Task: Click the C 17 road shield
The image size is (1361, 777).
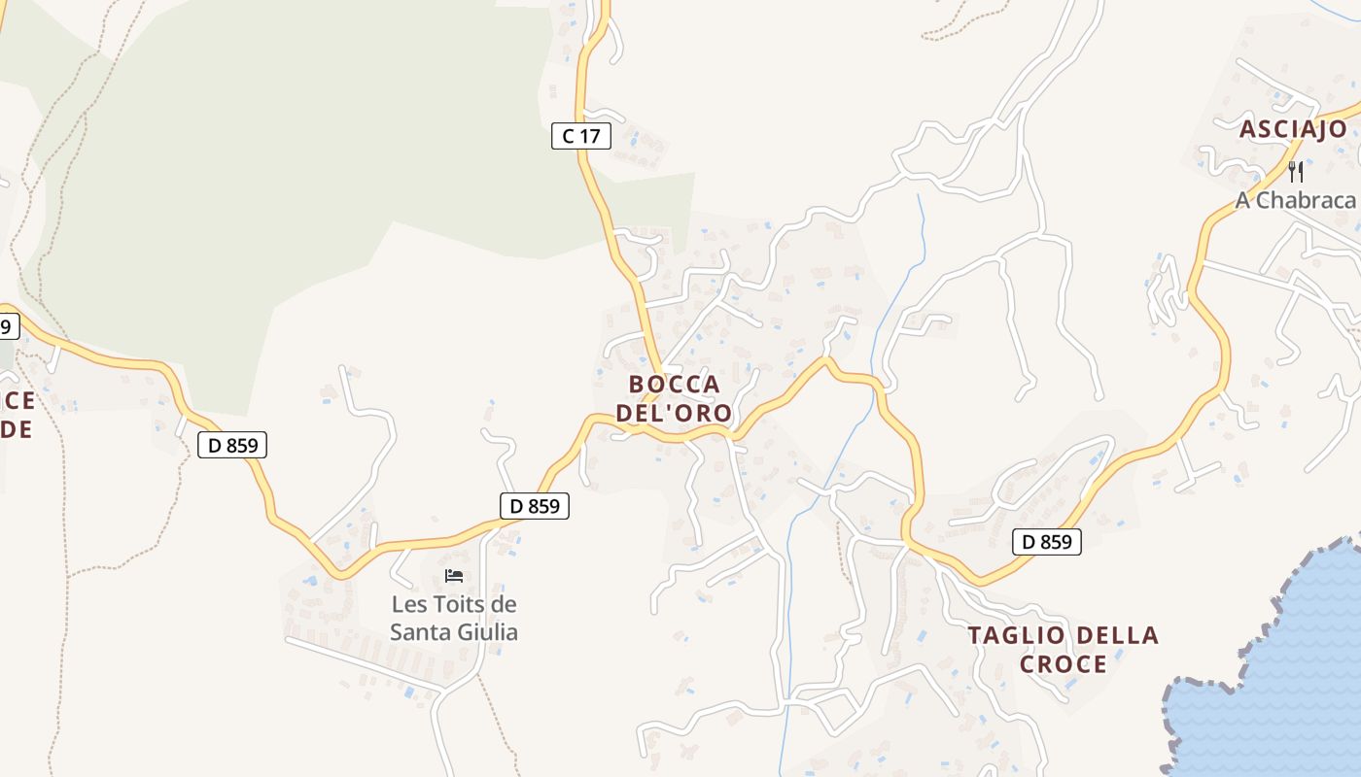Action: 581,136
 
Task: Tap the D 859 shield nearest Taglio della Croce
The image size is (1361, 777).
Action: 1047,542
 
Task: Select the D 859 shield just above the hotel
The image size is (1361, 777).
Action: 534,506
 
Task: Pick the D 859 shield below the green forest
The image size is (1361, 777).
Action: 232,446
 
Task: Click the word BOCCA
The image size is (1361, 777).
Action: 674,385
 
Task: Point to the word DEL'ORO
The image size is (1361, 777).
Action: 674,413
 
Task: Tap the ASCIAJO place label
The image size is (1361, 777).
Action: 1293,129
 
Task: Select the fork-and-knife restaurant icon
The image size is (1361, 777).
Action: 1295,172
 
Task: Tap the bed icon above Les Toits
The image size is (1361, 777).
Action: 453,576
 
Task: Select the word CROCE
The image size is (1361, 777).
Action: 1064,664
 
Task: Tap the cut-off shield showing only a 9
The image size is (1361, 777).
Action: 7,326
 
